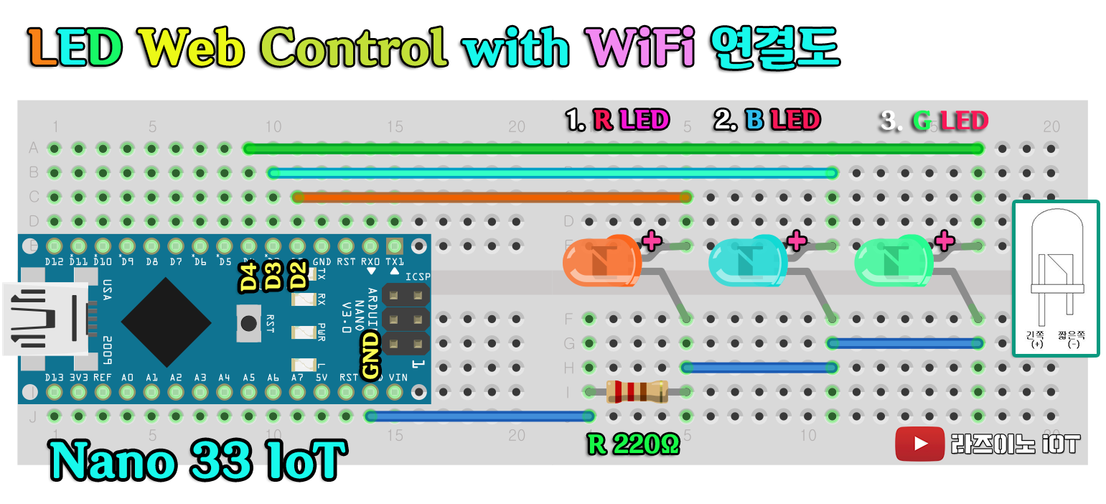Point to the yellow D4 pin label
249,277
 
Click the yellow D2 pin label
298,277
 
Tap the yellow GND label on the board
370,355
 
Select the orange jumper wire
492,197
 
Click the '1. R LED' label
617,120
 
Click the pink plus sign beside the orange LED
652,240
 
